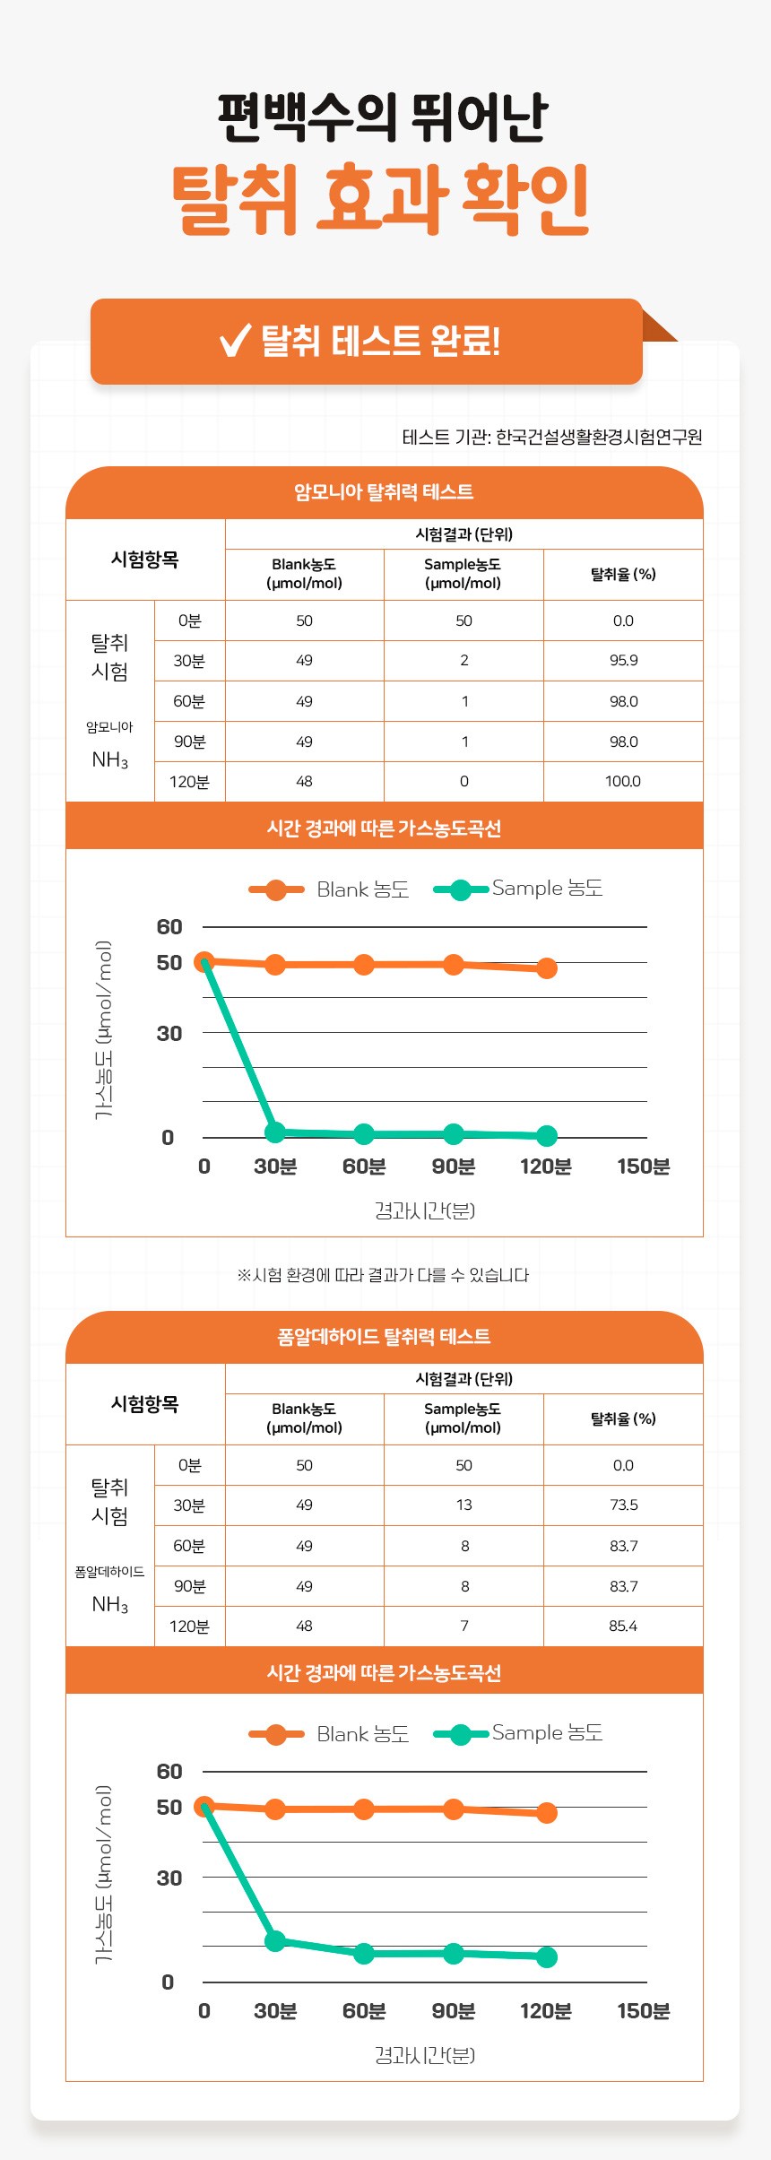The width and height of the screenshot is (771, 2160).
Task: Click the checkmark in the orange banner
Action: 235,341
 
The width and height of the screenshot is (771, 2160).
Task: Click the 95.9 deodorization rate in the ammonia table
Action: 623,661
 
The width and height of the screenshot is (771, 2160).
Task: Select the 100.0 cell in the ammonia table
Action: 623,782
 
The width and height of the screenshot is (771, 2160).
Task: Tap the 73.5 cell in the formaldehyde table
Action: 623,1505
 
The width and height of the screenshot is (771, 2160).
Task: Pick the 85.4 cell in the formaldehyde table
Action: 623,1627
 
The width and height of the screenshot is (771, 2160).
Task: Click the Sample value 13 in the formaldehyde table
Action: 463,1505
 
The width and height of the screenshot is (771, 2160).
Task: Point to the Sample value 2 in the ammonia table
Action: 463,661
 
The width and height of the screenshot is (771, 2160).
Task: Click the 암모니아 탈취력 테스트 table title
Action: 384,492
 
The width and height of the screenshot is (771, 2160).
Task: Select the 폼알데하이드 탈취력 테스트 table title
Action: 384,1337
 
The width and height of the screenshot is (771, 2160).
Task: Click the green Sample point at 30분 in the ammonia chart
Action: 275,1132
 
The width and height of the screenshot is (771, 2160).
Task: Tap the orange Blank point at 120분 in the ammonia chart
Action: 546,968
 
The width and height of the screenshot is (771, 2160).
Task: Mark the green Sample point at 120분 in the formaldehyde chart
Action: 546,1957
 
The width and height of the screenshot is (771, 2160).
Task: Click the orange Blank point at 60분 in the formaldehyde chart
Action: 363,1809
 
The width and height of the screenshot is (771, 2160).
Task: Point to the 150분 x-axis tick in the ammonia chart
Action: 643,1167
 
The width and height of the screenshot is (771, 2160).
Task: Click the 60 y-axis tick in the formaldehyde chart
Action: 169,1772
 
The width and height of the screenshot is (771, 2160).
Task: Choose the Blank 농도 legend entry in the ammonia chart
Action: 329,889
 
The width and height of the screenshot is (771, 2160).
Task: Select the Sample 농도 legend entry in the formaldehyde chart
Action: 518,1733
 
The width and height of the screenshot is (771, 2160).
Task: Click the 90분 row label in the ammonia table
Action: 189,742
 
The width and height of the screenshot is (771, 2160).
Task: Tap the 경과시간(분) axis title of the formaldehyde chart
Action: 424,2055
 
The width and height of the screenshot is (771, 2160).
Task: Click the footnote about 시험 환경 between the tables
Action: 383,1275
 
